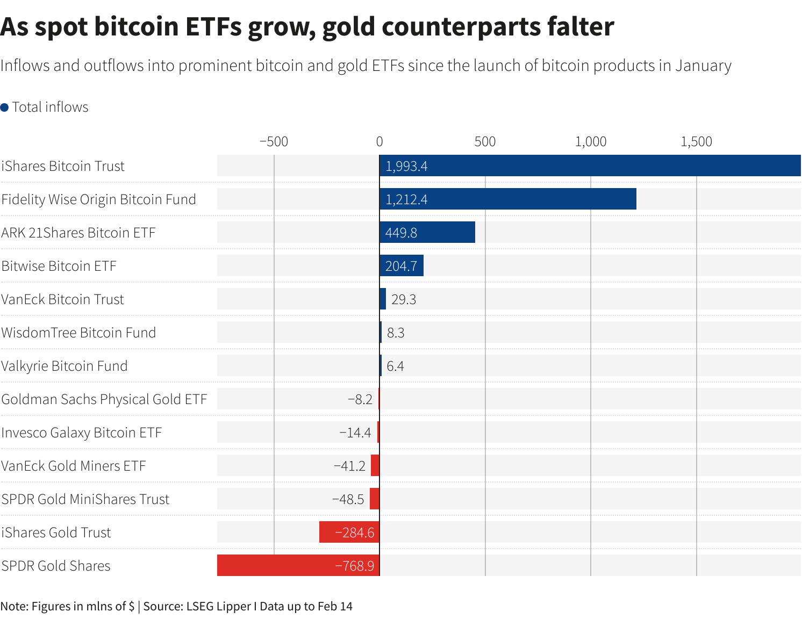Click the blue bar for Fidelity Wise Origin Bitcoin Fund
507,199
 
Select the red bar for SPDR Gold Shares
298,565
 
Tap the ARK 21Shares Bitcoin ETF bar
427,232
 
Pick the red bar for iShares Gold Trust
349,532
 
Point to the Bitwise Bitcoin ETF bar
402,265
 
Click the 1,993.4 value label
406,166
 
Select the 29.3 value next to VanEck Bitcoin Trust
404,299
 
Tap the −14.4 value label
355,433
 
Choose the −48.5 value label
348,499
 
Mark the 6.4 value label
395,366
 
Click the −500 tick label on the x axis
274,142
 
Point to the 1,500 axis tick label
696,142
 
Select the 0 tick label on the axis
379,142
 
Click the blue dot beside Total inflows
5,107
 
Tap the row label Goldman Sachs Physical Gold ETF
104,399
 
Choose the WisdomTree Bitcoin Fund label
78,333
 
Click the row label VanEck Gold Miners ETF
74,466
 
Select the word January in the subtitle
703,66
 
